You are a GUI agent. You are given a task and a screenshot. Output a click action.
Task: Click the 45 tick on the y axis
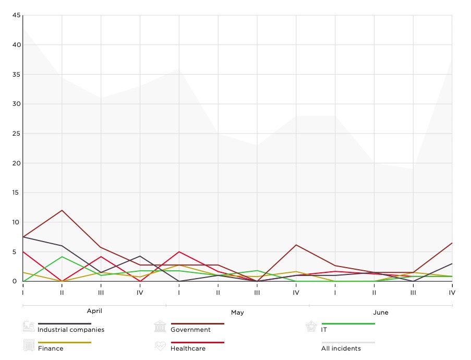[x=16, y=16]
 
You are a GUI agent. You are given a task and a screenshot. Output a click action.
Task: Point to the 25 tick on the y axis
[x=16, y=134]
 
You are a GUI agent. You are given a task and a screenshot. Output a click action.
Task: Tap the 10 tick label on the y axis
[x=16, y=222]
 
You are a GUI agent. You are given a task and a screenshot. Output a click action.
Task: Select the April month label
[x=94, y=311]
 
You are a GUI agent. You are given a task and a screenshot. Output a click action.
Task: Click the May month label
[x=237, y=313]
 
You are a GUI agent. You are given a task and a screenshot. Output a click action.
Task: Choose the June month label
[x=381, y=313]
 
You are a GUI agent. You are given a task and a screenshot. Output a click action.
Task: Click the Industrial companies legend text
[x=71, y=330]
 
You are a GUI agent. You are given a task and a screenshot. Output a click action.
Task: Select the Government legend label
[x=190, y=330]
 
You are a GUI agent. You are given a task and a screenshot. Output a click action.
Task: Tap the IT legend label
[x=324, y=330]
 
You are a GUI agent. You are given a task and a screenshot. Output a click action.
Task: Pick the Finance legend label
[x=51, y=349]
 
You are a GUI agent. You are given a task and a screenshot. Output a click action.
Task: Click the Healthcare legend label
[x=188, y=349]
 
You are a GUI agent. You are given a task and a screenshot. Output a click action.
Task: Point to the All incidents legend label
[x=341, y=349]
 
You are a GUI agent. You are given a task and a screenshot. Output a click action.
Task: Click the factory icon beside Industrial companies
[x=29, y=327]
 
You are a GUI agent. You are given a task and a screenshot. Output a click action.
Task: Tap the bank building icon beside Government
[x=160, y=327]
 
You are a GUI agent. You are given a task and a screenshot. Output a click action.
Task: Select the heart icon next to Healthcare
[x=160, y=346]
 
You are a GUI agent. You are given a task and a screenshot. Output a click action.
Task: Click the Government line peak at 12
[x=62, y=210]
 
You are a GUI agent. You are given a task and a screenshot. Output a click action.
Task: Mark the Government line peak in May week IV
[x=296, y=245]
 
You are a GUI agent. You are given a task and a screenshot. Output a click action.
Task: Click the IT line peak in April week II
[x=62, y=256]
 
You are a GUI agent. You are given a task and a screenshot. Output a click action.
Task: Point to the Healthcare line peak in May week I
[x=179, y=251]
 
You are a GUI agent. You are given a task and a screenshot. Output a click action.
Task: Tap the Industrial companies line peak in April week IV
[x=140, y=256]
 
